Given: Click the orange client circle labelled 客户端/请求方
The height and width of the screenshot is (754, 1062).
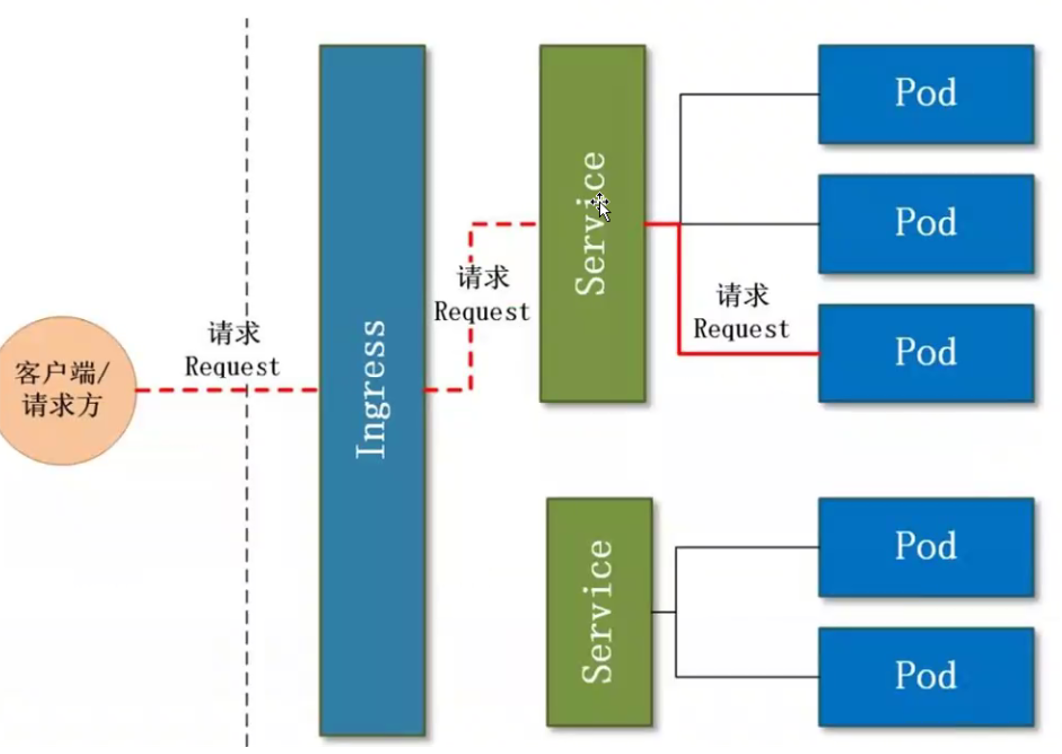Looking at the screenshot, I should (62, 390).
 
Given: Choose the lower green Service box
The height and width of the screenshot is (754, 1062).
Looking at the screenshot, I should (599, 611).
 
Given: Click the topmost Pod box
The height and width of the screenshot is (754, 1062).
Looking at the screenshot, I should (925, 93).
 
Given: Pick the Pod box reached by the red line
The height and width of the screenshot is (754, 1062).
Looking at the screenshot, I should (925, 353).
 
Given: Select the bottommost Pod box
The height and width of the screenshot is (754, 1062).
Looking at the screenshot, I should (925, 676).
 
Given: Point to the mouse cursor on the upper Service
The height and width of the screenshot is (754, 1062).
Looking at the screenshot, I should (600, 207).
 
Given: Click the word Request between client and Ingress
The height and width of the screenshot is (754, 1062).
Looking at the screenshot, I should (233, 367).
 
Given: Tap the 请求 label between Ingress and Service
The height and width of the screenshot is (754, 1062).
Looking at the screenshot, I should (483, 278).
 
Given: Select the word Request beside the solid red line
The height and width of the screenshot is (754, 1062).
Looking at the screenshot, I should (741, 329).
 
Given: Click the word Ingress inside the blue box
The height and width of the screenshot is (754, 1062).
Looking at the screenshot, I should (371, 388).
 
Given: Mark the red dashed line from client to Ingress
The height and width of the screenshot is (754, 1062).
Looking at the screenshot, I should (200, 390).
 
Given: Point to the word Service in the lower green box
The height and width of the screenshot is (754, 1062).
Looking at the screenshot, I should (599, 611).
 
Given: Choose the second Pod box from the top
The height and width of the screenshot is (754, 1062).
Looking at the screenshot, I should (925, 223).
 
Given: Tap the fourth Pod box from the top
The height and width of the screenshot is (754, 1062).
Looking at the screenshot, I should (925, 547).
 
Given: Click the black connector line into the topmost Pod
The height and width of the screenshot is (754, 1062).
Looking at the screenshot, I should (749, 95).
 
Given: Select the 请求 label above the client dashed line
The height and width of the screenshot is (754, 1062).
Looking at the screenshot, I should (233, 334).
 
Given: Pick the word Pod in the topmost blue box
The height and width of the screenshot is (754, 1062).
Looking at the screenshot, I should (925, 93).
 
